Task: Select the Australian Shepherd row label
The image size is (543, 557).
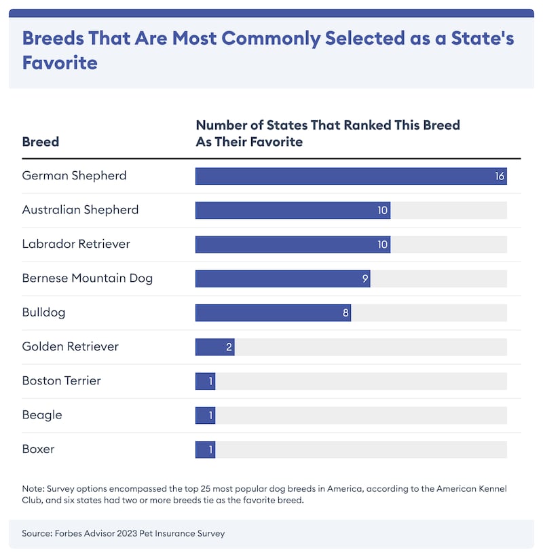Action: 80,210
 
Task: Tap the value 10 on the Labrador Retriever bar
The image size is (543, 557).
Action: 383,245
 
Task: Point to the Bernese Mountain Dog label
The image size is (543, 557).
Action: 88,278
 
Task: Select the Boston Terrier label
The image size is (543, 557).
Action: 62,381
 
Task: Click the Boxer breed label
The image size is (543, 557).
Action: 39,450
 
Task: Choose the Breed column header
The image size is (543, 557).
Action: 41,142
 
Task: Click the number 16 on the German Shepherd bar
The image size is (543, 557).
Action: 500,177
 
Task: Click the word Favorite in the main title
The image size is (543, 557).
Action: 60,63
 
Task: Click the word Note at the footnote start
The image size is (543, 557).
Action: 33,489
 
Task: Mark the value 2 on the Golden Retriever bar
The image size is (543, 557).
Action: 229,347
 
